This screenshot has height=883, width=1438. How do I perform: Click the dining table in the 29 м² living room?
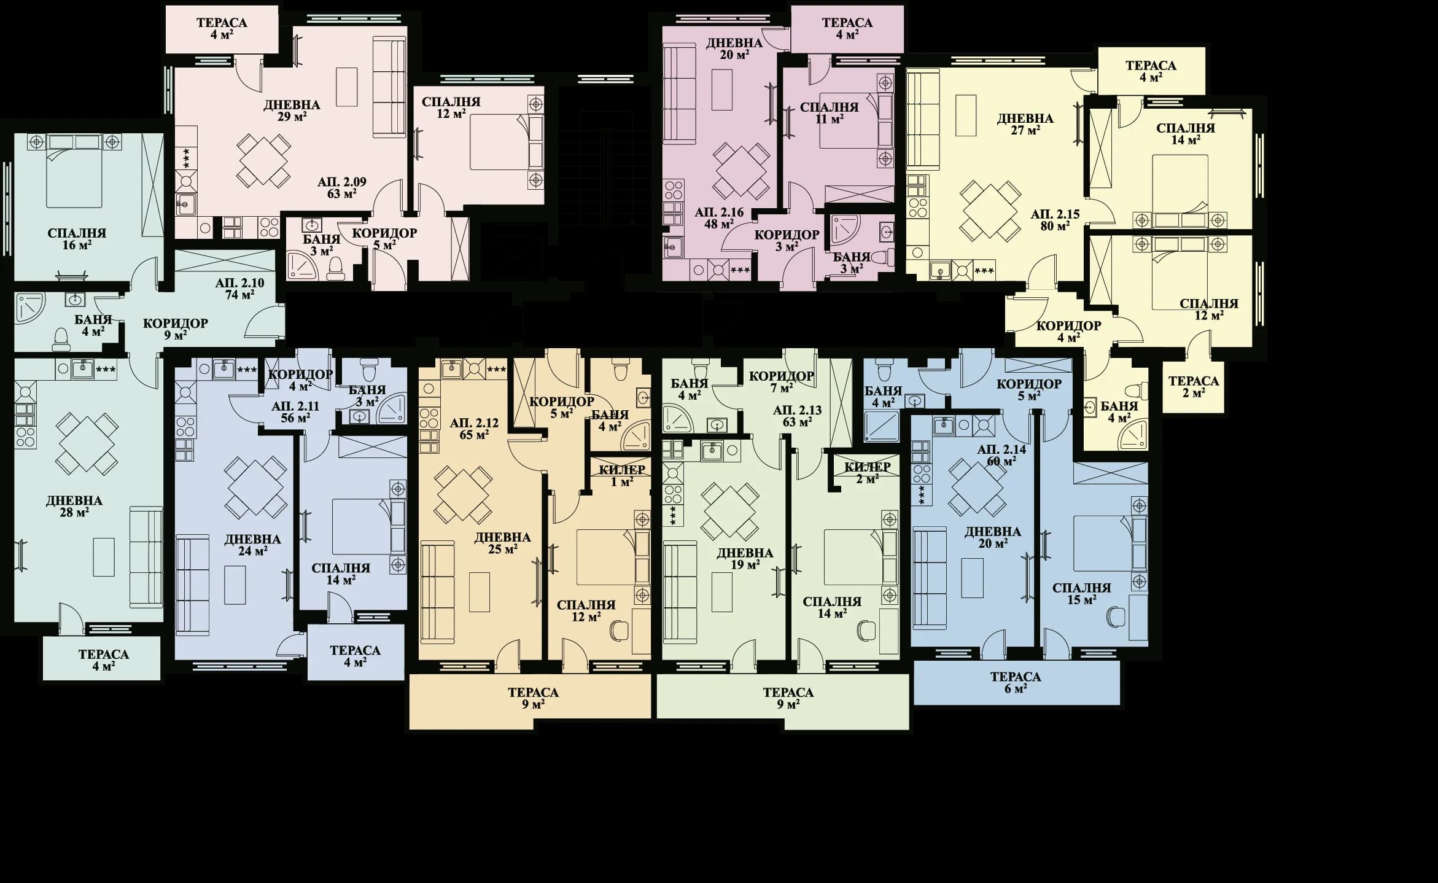tap(264, 161)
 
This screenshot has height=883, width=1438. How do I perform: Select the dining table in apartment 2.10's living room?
tap(87, 443)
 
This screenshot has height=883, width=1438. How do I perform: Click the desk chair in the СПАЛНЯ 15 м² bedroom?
tap(1114, 616)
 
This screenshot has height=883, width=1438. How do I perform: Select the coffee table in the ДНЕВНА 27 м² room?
tap(966, 115)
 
